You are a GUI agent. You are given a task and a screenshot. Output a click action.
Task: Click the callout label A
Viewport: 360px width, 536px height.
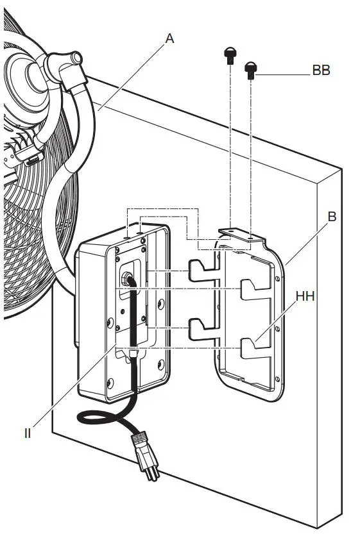pos(169,38)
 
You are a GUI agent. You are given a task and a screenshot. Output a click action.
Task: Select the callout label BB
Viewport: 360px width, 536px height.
pos(321,71)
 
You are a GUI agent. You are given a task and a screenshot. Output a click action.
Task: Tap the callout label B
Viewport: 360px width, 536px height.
pos(332,217)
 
